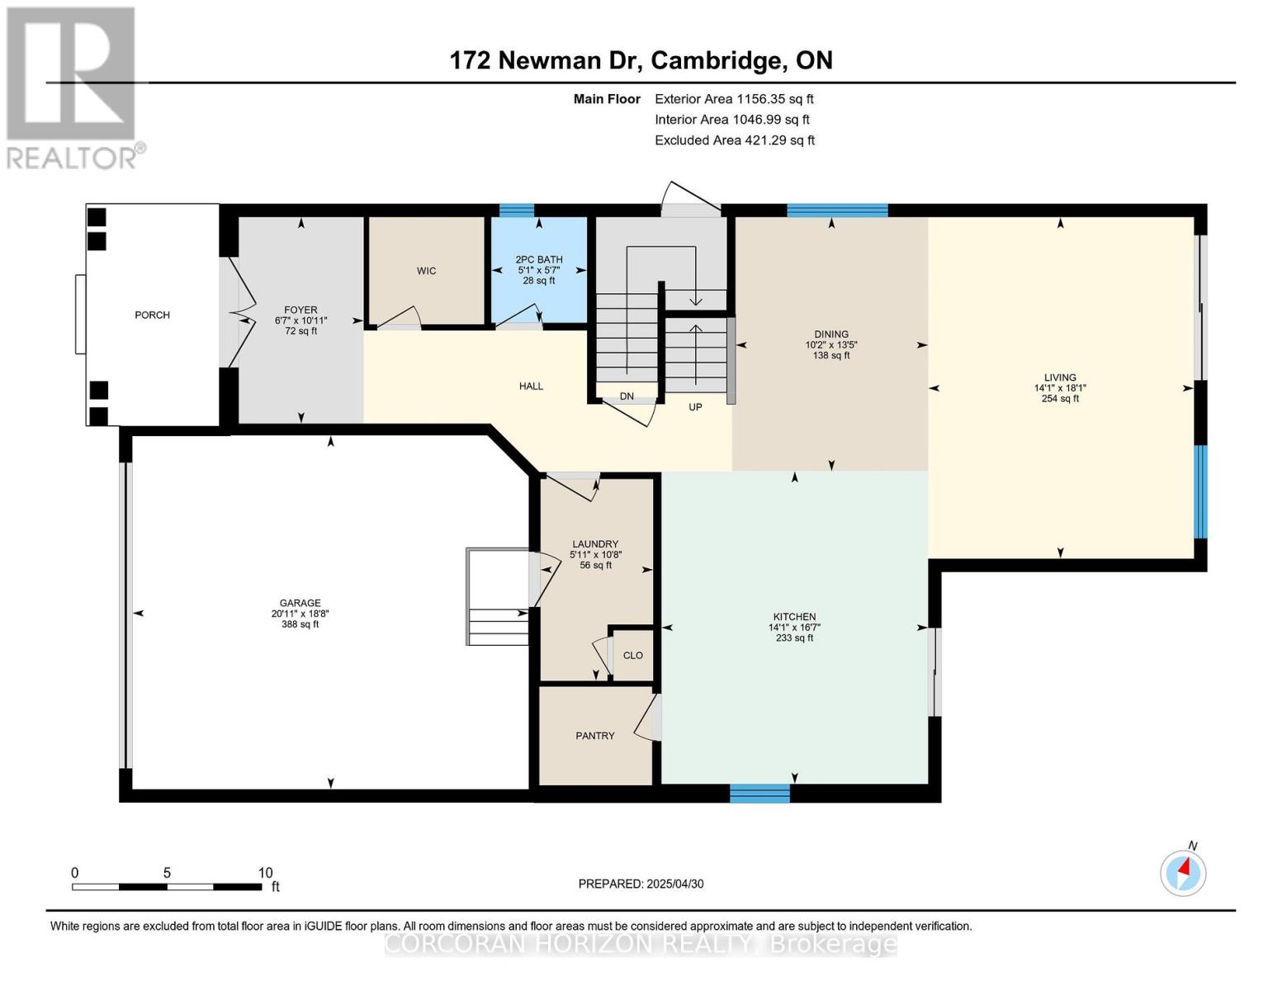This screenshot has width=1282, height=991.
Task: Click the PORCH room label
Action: [152, 315]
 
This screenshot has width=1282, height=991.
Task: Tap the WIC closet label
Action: [426, 271]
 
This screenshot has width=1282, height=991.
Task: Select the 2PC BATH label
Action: [539, 259]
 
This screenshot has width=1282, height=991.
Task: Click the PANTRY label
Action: [594, 736]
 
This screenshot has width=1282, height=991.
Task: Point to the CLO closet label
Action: [632, 656]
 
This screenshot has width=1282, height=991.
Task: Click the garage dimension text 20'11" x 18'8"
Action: [300, 614]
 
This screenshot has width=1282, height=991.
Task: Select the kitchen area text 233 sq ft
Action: [794, 638]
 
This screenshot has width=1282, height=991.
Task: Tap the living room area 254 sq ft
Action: [1060, 398]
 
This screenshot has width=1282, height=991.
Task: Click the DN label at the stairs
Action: [627, 396]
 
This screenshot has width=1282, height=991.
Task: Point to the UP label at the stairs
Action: [695, 407]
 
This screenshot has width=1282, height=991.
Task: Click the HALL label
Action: [531, 386]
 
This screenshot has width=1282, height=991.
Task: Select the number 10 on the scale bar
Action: [265, 873]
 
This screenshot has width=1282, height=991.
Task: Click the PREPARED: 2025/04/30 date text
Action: [641, 884]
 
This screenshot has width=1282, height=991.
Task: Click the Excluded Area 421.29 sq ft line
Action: [734, 140]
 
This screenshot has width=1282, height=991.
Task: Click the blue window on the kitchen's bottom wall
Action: [759, 793]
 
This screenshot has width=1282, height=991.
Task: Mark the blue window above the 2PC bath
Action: [517, 210]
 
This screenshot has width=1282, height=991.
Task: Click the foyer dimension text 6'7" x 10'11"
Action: [300, 320]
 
